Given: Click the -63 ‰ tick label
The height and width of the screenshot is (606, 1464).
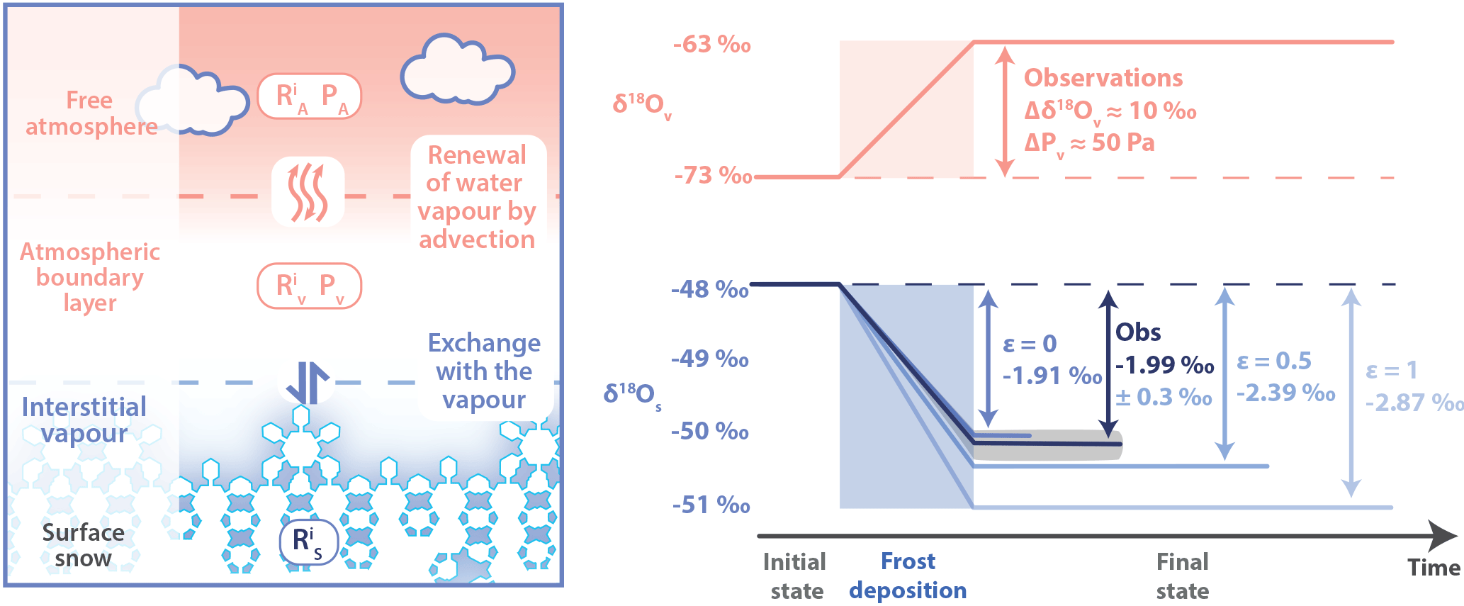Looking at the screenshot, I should (x=711, y=45).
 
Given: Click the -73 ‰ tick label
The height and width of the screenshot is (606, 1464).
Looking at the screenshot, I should (x=713, y=175).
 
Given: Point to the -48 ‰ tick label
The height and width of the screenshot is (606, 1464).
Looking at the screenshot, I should (x=709, y=289).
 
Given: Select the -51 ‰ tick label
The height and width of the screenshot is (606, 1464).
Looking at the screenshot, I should (x=711, y=505).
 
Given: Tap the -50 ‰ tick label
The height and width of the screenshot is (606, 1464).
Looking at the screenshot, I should (x=709, y=431).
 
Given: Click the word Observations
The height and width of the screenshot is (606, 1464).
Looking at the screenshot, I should (x=1103, y=77).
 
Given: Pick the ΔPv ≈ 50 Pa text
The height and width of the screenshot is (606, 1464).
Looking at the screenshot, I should (x=1089, y=143).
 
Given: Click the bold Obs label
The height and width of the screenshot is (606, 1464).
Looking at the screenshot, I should (x=1138, y=332).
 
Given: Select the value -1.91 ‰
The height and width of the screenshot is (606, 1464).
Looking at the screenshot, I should (x=1052, y=376).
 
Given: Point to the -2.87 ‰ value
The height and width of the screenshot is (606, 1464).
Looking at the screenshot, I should (x=1414, y=403).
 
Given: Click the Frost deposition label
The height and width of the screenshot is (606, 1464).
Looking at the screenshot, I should (x=908, y=576).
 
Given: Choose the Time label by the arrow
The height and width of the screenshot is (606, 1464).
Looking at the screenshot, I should (x=1433, y=568).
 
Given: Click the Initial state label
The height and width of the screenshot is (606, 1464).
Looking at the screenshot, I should (x=795, y=576).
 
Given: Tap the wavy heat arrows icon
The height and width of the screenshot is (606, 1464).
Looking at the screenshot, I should (x=308, y=191).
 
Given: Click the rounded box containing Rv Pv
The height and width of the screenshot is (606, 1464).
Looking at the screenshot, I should (x=309, y=286).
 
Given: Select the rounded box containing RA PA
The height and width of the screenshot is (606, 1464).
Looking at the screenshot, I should (x=309, y=96).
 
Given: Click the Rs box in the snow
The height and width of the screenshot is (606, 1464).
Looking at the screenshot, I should (x=308, y=542).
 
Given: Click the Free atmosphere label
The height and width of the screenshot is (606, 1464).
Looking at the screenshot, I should (x=91, y=113).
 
